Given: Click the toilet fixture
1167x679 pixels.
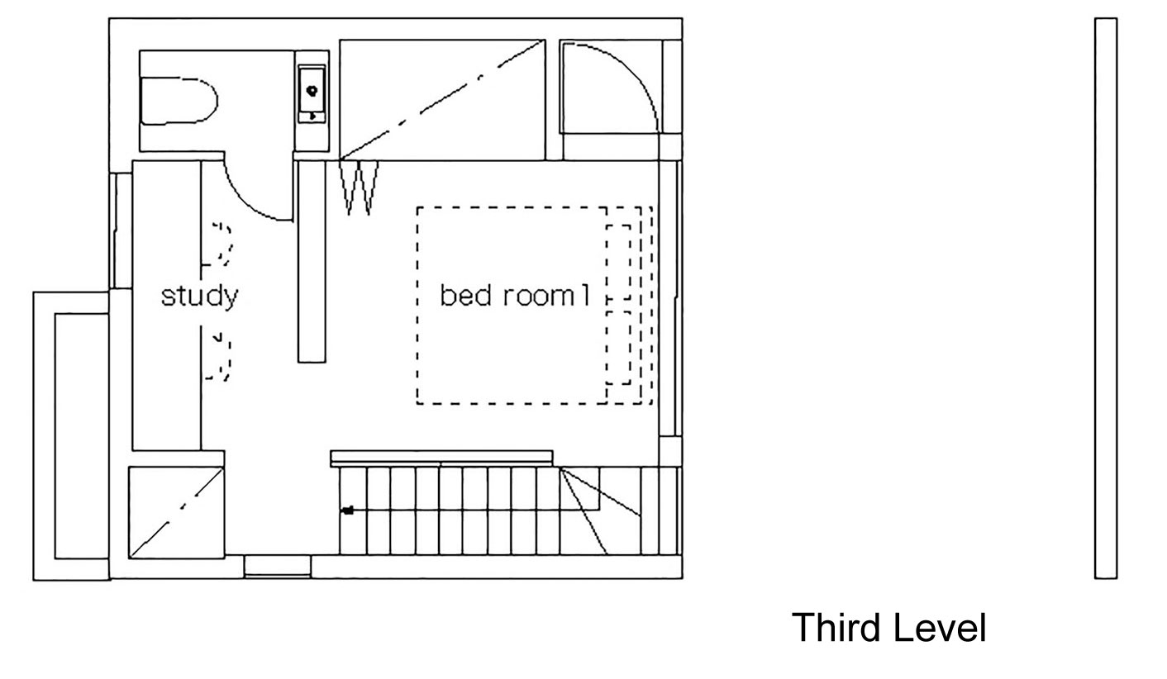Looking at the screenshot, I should [178, 101].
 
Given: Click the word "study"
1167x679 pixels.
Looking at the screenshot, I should [199, 296].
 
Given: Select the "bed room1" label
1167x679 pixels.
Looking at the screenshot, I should [515, 296].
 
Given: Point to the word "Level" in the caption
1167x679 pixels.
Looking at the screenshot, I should [940, 628].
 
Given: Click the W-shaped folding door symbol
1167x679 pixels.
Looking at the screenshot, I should [360, 188].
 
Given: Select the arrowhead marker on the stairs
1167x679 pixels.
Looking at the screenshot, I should [348, 510].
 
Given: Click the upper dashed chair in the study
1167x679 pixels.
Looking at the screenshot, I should [221, 245].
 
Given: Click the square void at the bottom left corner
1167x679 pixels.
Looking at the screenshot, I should [176, 512].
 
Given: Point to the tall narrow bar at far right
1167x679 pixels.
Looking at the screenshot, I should [1105, 297].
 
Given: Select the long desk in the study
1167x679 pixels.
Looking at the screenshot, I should [167, 306].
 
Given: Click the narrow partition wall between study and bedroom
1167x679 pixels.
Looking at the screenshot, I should [312, 260].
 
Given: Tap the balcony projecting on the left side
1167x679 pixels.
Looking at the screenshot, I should [71, 435].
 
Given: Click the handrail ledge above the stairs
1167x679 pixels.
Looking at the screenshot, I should [441, 457].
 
